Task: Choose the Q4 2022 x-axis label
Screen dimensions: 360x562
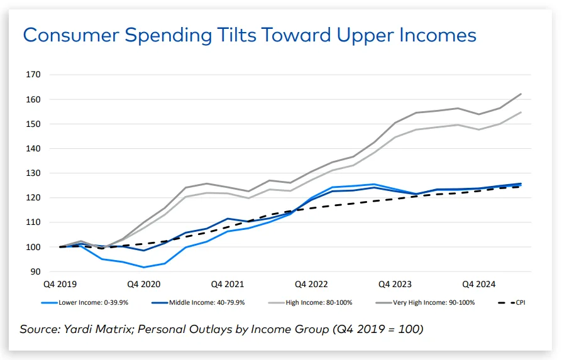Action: pos(311,284)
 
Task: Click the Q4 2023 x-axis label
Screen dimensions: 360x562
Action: pos(395,284)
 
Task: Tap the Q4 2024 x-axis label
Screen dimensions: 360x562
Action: pos(479,284)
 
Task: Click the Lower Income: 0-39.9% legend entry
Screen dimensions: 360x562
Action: pos(89,303)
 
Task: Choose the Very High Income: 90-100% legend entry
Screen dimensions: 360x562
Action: pos(427,303)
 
